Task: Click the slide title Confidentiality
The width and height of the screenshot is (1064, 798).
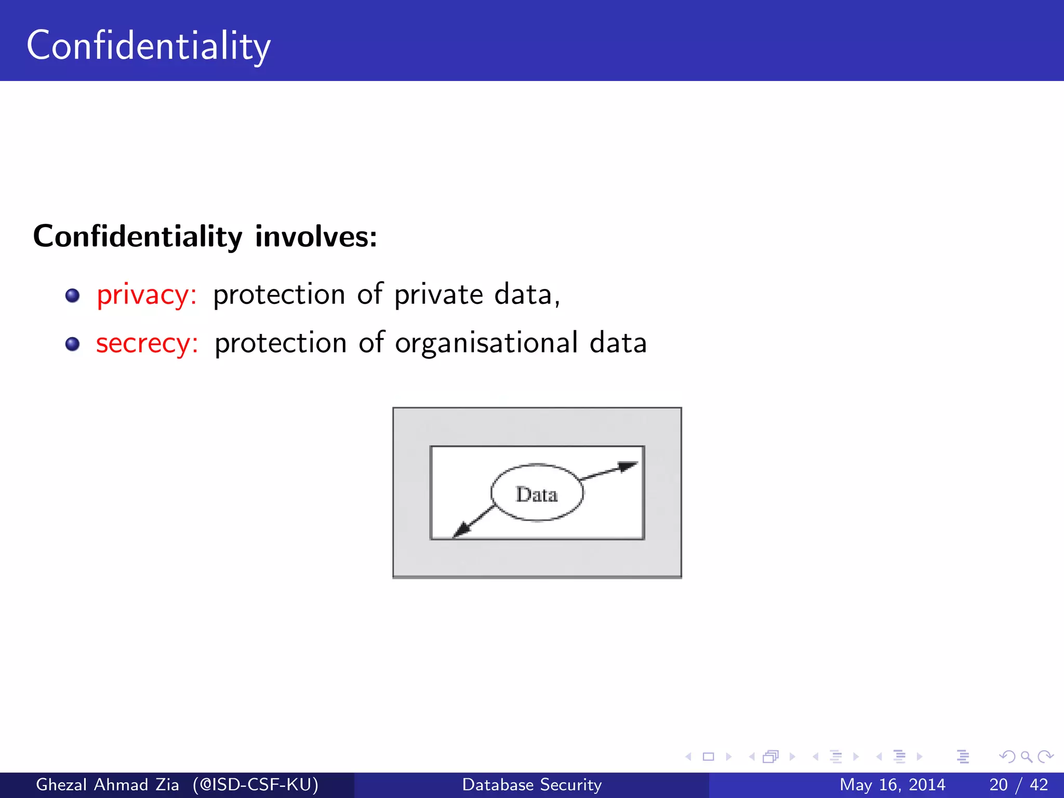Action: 149,46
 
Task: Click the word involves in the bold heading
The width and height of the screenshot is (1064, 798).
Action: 316,236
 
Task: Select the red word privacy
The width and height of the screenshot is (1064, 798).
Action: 147,295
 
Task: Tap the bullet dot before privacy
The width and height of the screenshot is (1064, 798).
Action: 72,296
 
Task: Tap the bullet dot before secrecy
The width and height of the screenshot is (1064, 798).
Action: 72,344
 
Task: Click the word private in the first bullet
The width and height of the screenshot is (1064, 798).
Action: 438,295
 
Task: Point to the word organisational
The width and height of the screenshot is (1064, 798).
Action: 486,343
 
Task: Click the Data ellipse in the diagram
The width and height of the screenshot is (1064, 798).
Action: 537,493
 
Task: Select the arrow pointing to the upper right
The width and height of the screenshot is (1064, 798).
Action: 609,471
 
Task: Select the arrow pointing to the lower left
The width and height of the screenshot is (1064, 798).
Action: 472,522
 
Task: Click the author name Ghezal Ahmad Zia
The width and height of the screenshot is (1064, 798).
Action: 107,784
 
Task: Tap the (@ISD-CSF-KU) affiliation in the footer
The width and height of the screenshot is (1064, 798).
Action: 256,784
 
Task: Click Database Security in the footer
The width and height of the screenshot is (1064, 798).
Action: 532,784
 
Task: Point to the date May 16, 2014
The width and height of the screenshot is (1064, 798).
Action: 892,784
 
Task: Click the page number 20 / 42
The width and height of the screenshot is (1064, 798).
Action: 1018,784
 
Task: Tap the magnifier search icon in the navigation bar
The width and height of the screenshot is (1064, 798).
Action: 1026,757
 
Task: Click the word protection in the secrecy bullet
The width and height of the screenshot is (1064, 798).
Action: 281,343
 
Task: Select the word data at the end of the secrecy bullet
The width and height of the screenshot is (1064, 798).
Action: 618,343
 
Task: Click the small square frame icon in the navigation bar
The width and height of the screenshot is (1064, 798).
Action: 708,757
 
